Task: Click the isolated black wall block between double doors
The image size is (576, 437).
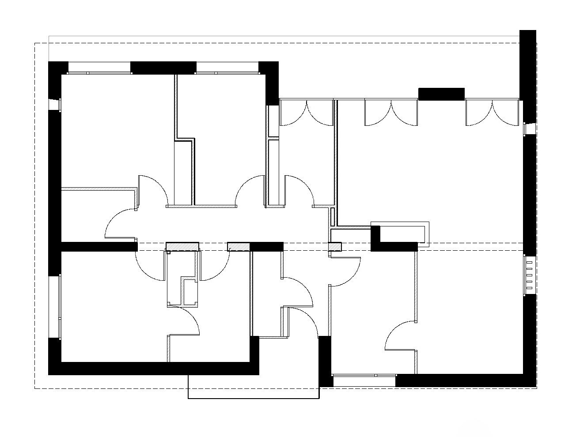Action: coord(441,94)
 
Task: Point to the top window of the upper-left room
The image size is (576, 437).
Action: coord(100,68)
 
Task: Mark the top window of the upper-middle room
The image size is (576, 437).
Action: coord(227,68)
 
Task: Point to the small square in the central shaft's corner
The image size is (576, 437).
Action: coord(168,252)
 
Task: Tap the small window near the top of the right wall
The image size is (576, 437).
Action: coord(527,128)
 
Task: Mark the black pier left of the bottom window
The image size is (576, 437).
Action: coord(325,361)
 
